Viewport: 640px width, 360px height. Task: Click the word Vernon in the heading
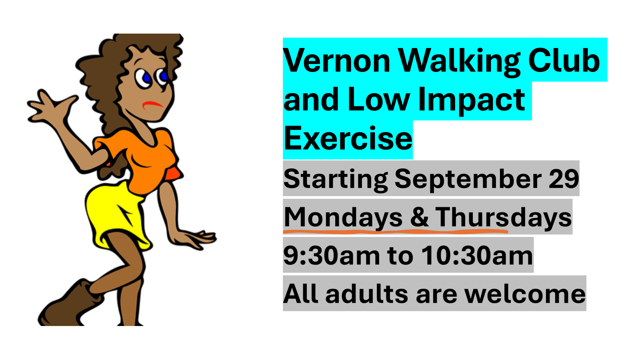[x=337, y=60]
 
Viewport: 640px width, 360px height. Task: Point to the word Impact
[x=472, y=100]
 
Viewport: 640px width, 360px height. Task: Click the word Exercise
[x=348, y=138]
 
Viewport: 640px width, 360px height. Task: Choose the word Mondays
[x=343, y=217]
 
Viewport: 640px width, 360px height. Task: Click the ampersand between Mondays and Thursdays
[x=420, y=217]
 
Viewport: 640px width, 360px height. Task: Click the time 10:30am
[x=477, y=255]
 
